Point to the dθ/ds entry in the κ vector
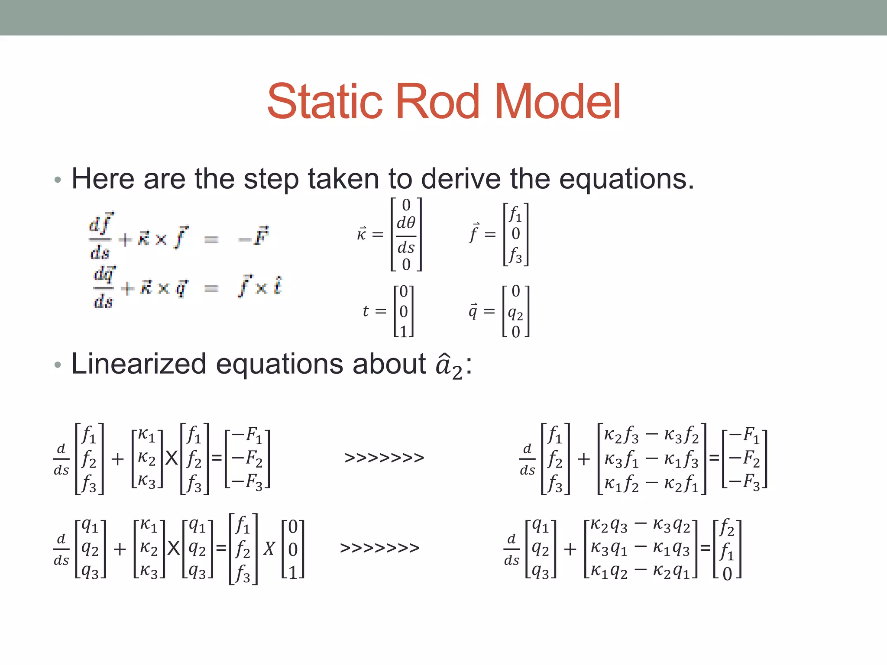tap(406, 235)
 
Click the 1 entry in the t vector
tap(404, 331)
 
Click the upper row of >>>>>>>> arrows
tap(384, 458)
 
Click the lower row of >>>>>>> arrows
tap(380, 548)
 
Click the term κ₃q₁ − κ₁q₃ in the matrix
tap(640, 549)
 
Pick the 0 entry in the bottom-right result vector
tap(727, 574)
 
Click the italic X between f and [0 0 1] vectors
tap(269, 549)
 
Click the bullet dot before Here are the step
tap(58, 180)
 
